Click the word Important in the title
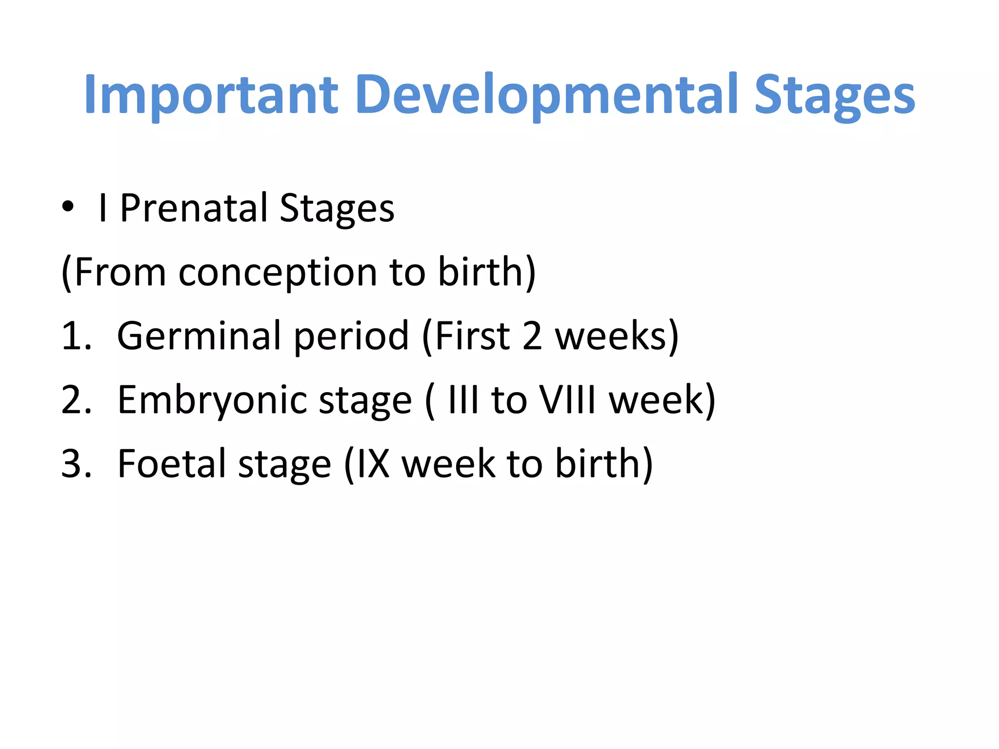click(211, 95)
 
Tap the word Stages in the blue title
click(835, 95)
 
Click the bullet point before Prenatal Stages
click(68, 207)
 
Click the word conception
click(278, 272)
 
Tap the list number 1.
click(76, 336)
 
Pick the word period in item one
click(351, 336)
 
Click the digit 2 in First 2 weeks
click(532, 336)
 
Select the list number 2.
click(76, 400)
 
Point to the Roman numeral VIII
click(568, 400)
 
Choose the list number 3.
click(76, 464)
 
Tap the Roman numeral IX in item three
click(373, 464)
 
